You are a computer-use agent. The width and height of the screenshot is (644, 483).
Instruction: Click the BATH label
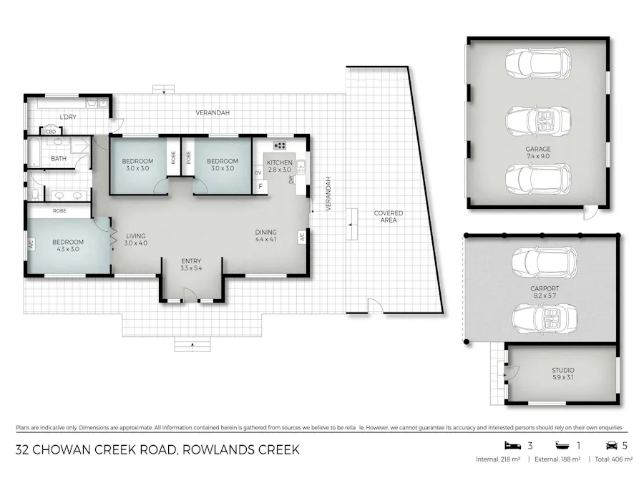(x=58, y=158)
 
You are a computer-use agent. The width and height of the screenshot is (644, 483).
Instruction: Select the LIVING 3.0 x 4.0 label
(x=135, y=239)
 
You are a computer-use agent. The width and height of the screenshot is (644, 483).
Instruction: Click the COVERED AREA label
(x=389, y=216)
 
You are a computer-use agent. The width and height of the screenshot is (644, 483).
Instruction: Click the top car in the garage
(x=537, y=64)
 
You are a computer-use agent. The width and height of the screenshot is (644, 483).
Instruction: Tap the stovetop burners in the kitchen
(x=280, y=146)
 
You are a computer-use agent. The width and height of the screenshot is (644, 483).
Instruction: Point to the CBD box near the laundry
(x=51, y=132)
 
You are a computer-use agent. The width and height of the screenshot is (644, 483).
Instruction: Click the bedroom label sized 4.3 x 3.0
(x=68, y=245)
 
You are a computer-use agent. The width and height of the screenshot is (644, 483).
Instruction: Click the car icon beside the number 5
(x=611, y=445)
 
